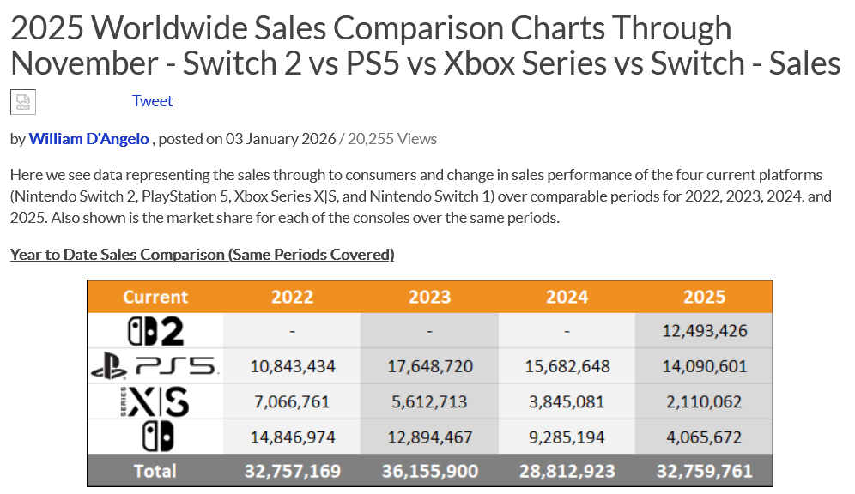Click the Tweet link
tap(152, 101)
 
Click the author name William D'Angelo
tap(88, 138)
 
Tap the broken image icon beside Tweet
tap(22, 102)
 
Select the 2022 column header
tap(292, 297)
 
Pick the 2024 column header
tap(567, 297)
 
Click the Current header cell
tap(155, 297)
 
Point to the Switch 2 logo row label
tap(155, 331)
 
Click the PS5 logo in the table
tap(155, 366)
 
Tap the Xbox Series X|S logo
tap(155, 401)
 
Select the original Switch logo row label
tap(155, 436)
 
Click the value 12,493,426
tap(704, 331)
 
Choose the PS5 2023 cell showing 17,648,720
tap(429, 366)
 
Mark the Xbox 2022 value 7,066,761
tap(292, 401)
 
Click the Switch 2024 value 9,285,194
tap(567, 437)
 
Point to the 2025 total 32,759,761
tap(704, 471)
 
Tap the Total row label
tap(155, 471)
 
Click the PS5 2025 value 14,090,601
tap(704, 366)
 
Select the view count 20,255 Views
tap(391, 138)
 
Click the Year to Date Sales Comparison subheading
tap(202, 254)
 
